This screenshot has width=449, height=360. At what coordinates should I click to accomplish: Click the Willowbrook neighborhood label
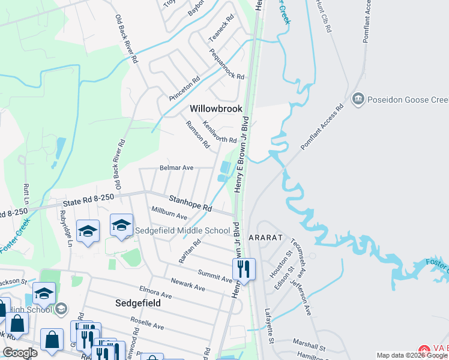[x=216, y=109]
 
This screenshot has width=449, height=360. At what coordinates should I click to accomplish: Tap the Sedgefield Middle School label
[x=182, y=230]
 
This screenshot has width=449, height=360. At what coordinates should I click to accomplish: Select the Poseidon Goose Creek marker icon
[x=358, y=98]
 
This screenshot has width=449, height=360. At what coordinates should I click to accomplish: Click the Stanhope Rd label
[x=190, y=203]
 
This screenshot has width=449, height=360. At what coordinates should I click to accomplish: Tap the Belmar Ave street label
[x=176, y=168]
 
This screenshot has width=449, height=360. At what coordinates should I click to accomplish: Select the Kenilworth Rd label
[x=220, y=132]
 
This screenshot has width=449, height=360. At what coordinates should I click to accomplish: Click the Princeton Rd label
[x=184, y=88]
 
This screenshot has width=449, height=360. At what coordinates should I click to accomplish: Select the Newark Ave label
[x=188, y=285]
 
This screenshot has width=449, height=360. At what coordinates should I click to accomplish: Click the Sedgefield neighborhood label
[x=137, y=304]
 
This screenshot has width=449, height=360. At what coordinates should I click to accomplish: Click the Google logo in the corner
[x=20, y=353]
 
